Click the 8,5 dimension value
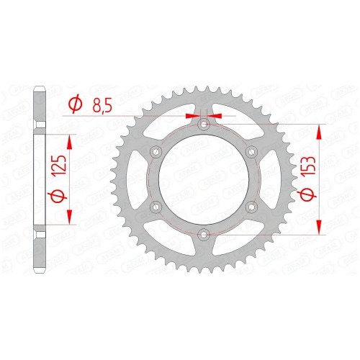pos(102,106)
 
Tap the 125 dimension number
pos(60,166)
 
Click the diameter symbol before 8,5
pos(75,105)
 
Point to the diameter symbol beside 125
pos(58,194)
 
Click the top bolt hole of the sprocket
pos(204,125)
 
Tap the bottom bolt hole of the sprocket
pos(204,234)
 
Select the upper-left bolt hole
pos(156,152)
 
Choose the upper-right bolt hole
pos(251,152)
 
